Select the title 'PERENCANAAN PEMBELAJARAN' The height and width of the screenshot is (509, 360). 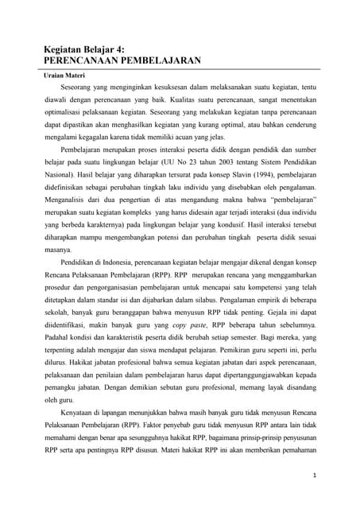[x=121, y=60]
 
